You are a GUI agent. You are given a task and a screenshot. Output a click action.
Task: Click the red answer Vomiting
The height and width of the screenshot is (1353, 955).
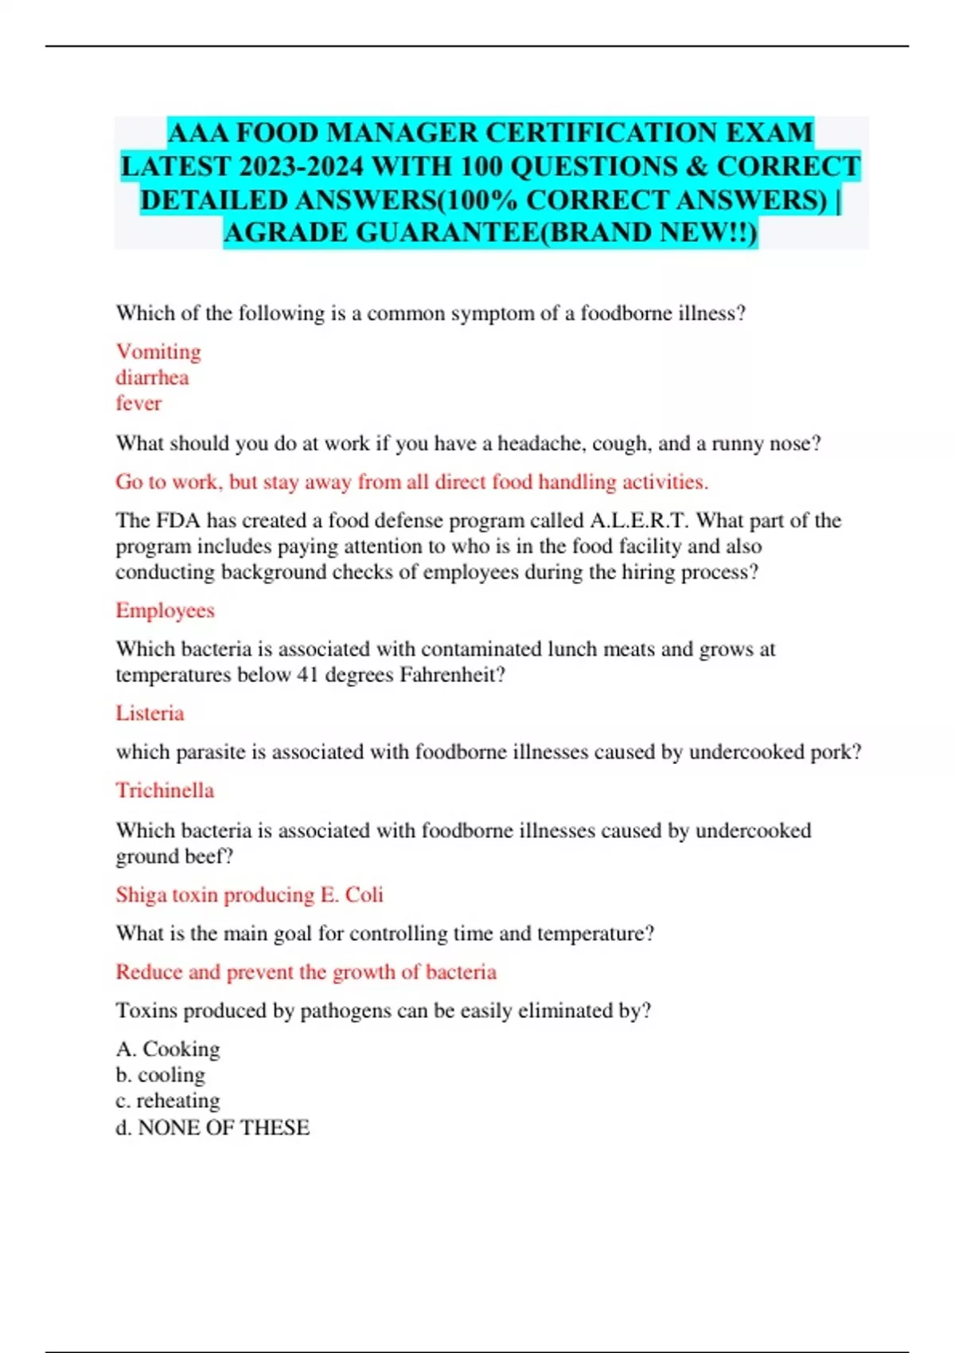(158, 352)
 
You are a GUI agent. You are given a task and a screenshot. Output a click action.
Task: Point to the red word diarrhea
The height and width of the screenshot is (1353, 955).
(152, 377)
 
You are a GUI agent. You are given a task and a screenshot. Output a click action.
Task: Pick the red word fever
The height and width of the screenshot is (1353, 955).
(138, 404)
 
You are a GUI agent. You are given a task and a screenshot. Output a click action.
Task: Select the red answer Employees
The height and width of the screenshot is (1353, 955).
(165, 610)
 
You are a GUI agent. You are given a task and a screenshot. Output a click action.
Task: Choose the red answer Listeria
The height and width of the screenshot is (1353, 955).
(150, 713)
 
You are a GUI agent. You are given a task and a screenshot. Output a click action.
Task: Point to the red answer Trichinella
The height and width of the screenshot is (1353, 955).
(165, 790)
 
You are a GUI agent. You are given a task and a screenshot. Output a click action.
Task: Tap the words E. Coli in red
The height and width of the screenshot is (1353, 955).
(352, 895)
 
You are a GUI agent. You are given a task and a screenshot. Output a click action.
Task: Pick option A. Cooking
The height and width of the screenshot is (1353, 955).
(168, 1049)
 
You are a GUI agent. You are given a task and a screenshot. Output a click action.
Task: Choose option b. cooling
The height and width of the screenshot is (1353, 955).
(160, 1075)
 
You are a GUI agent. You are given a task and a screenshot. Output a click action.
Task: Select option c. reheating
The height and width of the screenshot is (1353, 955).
(167, 1101)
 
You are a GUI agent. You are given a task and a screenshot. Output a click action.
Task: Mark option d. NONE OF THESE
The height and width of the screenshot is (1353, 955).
(212, 1127)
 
